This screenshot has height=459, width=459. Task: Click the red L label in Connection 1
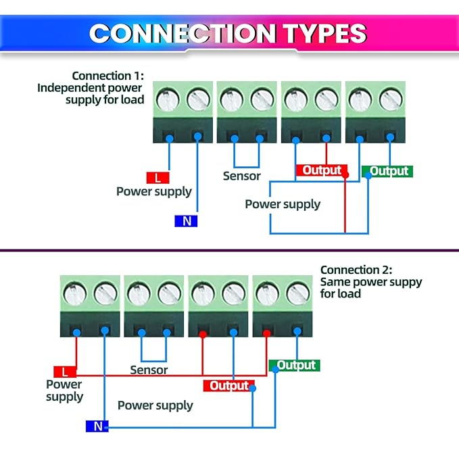(x=158, y=178)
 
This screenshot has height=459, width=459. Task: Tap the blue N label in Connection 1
(x=186, y=220)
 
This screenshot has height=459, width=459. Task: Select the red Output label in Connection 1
(x=322, y=170)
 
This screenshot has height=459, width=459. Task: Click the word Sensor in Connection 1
(x=241, y=176)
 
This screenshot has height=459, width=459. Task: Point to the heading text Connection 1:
(x=108, y=76)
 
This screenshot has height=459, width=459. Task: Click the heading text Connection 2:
(x=356, y=270)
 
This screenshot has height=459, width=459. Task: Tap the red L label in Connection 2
(x=65, y=372)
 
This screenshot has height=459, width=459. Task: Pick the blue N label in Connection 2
(x=97, y=427)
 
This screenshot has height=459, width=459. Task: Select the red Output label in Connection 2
(x=229, y=386)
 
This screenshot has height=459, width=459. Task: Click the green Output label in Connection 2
(x=296, y=365)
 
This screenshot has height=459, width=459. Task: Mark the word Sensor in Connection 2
(x=149, y=370)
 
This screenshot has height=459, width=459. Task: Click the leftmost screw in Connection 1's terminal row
(x=166, y=100)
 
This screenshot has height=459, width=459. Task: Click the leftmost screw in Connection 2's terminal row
(x=74, y=294)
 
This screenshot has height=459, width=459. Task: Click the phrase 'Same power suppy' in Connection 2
(x=370, y=282)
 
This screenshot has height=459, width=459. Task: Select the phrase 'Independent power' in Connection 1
(x=91, y=87)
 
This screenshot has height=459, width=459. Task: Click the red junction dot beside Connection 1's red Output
(x=345, y=175)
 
